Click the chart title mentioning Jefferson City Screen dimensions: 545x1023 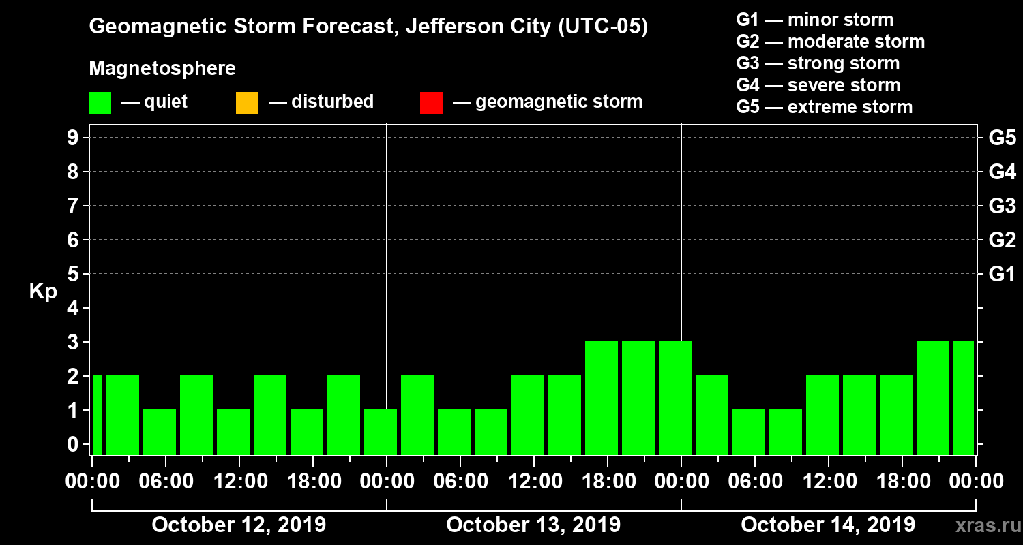[368, 28]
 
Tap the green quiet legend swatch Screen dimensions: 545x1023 [100, 103]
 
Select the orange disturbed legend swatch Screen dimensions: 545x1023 [247, 103]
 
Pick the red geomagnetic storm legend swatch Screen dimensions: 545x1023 [431, 103]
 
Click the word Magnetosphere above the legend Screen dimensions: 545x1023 [162, 69]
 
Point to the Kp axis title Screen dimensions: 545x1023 [43, 292]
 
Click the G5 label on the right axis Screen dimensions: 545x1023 [1002, 138]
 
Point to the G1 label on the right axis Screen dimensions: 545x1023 [1002, 274]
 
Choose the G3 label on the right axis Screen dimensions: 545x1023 [1002, 206]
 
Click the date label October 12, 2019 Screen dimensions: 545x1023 [239, 525]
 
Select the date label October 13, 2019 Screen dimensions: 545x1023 [533, 525]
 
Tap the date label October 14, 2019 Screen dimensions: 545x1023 [828, 525]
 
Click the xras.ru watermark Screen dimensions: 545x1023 [983, 526]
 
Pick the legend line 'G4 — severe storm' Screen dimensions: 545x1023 [818, 85]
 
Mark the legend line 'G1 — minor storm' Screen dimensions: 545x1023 [815, 20]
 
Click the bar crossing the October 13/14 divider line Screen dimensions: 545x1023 [675, 398]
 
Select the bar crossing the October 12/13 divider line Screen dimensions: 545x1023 [381, 432]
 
